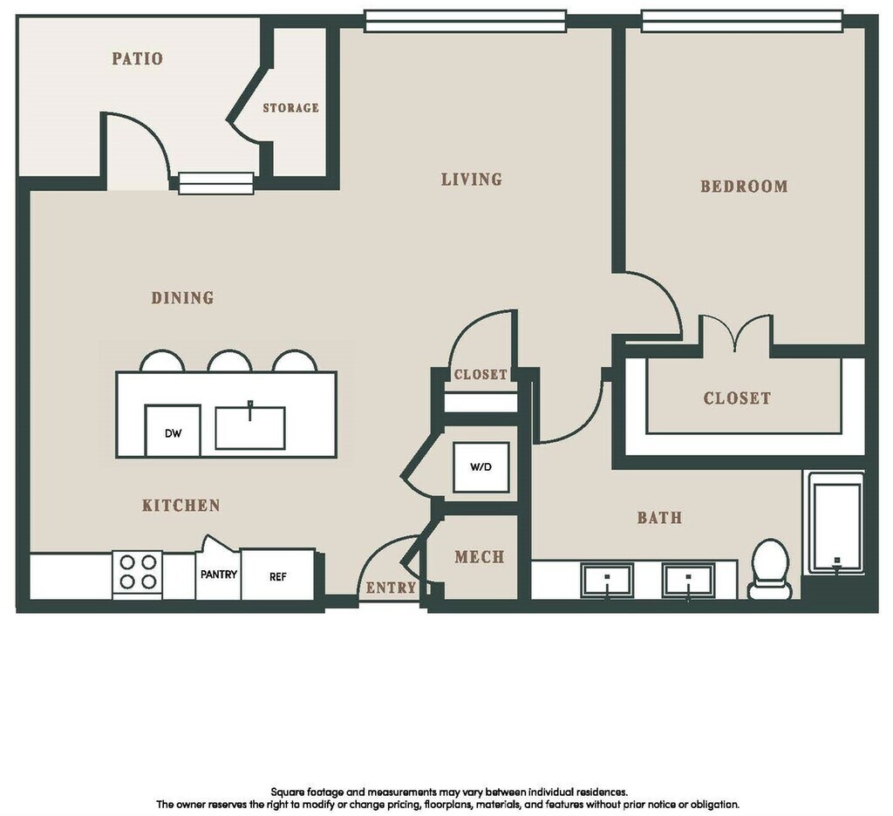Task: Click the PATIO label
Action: click(137, 58)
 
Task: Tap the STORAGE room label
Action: click(290, 107)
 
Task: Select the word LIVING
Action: click(472, 180)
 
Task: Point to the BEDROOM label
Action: click(744, 187)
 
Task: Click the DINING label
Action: click(182, 298)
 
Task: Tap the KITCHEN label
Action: click(181, 505)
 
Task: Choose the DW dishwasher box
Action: click(173, 431)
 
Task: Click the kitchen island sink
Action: click(250, 428)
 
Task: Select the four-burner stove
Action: click(138, 573)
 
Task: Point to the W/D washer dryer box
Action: click(481, 467)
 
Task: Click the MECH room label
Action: click(480, 556)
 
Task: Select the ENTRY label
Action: click(391, 588)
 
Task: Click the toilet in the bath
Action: click(771, 569)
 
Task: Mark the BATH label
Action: click(659, 518)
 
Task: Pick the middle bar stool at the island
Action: click(229, 361)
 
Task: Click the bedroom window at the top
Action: click(742, 21)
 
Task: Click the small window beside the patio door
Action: click(216, 183)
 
